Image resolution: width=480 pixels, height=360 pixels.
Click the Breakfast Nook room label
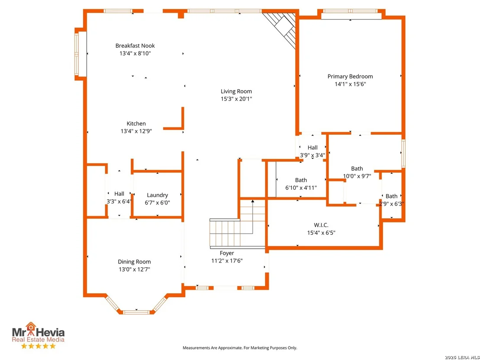coord(135,45)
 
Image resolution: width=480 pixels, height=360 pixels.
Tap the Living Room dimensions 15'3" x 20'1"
coord(237,99)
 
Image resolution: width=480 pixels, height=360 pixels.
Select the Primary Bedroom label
coord(350,77)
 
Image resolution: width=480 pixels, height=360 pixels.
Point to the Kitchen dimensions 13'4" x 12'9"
coord(136,131)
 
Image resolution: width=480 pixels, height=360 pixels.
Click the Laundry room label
coord(157,195)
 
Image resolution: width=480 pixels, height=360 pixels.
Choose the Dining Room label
coord(134,262)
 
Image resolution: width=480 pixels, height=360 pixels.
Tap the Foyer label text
coord(227,253)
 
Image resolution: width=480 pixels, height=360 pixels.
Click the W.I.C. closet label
coord(321,225)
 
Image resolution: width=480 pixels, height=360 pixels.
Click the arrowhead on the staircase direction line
coord(253,201)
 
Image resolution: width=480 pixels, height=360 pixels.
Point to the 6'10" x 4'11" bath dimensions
coord(301,188)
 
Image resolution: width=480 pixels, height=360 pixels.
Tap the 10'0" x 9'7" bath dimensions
coord(357,176)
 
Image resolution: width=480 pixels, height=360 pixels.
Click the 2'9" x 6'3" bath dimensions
coord(392,204)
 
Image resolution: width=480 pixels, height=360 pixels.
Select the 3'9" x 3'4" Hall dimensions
coord(312,155)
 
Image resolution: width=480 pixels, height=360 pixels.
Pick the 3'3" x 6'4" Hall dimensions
coord(119,201)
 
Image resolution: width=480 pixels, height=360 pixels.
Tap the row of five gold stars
coord(38,346)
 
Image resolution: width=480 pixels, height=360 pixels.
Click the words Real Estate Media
coord(38,339)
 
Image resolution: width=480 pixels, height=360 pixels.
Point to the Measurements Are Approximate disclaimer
coord(240,348)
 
